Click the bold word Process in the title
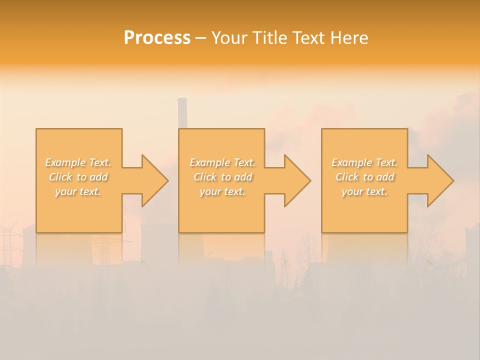pyautogui.click(x=157, y=38)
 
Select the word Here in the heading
pyautogui.click(x=349, y=38)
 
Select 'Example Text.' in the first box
pyautogui.click(x=78, y=162)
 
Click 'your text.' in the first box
pyautogui.click(x=78, y=191)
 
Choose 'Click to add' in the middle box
pyautogui.click(x=222, y=177)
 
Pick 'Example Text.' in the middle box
pyautogui.click(x=222, y=162)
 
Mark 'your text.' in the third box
pyautogui.click(x=364, y=191)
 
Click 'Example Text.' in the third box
pyautogui.click(x=364, y=162)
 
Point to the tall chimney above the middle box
pyautogui.click(x=182, y=112)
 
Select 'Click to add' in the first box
pyautogui.click(x=78, y=177)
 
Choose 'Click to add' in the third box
pyautogui.click(x=364, y=177)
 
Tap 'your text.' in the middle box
pyautogui.click(x=222, y=191)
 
